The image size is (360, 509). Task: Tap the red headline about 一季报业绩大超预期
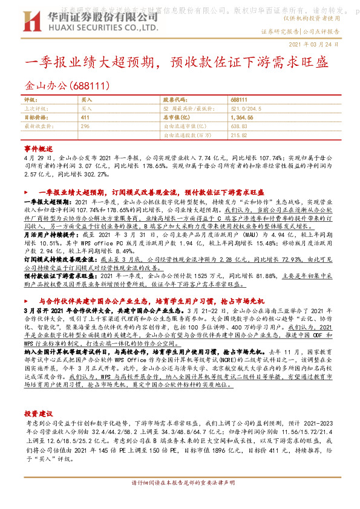point(177,62)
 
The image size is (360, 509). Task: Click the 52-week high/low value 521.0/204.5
point(248,108)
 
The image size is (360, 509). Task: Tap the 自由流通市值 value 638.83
point(240,126)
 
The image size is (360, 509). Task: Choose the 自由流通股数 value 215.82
point(240,135)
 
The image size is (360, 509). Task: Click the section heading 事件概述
point(34,148)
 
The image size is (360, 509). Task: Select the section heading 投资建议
point(34,412)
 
